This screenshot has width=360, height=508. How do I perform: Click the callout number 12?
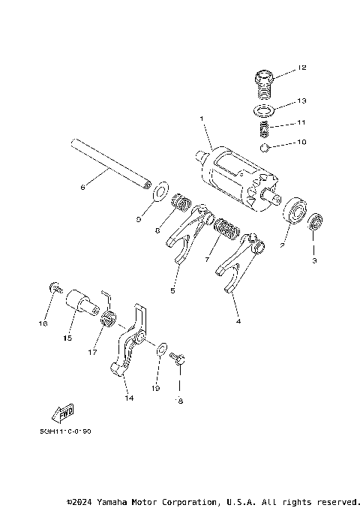pos(302,68)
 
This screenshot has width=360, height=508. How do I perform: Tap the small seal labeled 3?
pos(315,221)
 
